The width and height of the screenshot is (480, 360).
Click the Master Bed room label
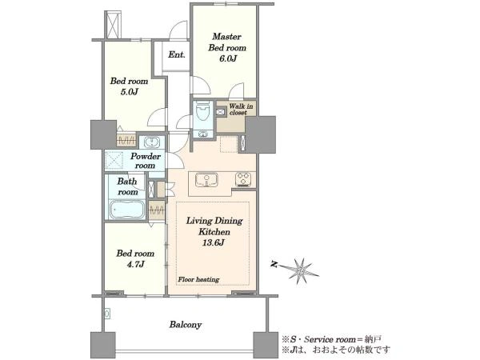227,42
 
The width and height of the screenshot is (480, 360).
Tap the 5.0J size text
129,92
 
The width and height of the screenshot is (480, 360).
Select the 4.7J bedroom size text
135,264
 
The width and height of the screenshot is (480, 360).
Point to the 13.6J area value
214,242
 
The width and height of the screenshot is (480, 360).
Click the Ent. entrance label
176,54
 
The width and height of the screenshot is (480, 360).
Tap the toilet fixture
202,110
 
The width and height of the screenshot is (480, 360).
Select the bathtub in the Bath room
127,210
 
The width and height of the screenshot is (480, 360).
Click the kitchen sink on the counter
207,179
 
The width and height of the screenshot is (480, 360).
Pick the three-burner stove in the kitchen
243,179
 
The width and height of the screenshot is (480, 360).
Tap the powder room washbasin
151,142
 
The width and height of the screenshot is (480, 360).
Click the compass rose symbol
301,270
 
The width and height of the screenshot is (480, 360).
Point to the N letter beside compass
274,264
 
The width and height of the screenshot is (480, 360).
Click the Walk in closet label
241,110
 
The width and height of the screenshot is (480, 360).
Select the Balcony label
186,325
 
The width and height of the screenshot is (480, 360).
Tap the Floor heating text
198,279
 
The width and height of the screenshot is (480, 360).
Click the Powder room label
146,161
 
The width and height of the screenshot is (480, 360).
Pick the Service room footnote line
332,339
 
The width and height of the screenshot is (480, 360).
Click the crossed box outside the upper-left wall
113,25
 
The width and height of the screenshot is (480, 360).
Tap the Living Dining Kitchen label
214,226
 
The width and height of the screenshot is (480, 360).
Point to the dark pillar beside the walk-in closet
261,134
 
